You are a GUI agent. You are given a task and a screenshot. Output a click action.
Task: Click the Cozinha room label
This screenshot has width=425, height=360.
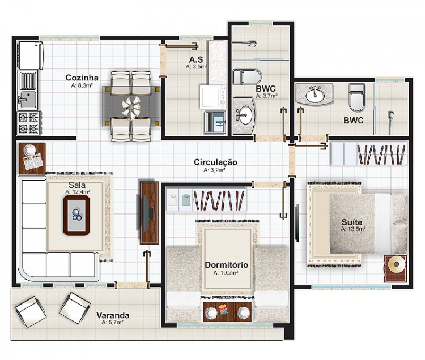click(x=82, y=78)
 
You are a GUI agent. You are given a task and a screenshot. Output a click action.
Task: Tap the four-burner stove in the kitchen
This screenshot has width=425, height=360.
click(x=29, y=123)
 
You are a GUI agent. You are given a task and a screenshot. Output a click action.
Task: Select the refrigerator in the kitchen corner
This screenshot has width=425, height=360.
click(x=31, y=55)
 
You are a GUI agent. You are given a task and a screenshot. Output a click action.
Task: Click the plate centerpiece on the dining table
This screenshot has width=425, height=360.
click(x=131, y=108)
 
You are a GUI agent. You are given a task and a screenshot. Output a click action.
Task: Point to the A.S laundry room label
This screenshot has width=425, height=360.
click(x=195, y=59)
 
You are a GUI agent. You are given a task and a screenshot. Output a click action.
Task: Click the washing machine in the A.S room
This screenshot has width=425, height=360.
click(x=212, y=97)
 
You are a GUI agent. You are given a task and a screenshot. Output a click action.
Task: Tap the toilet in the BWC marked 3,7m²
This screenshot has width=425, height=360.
click(x=247, y=76)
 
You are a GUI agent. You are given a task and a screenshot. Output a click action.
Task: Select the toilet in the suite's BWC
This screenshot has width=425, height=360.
click(x=357, y=98)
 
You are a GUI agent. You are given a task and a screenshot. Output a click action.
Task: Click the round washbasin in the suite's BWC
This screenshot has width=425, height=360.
click(x=314, y=95)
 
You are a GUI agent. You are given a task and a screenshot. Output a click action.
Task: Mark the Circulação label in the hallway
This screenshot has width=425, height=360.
click(x=215, y=162)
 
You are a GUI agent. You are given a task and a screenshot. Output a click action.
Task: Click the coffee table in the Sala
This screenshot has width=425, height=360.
click(x=76, y=215)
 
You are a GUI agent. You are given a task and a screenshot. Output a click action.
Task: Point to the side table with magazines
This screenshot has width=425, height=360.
click(x=32, y=158)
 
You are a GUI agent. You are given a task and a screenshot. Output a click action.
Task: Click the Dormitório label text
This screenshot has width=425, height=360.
click(x=226, y=264)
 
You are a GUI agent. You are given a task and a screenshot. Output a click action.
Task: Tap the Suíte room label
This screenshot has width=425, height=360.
click(x=352, y=222)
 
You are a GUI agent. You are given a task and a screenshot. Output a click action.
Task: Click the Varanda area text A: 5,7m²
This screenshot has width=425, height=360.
click(x=113, y=323)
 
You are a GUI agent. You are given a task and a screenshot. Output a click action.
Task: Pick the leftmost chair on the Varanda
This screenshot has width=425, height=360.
click(x=31, y=311)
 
